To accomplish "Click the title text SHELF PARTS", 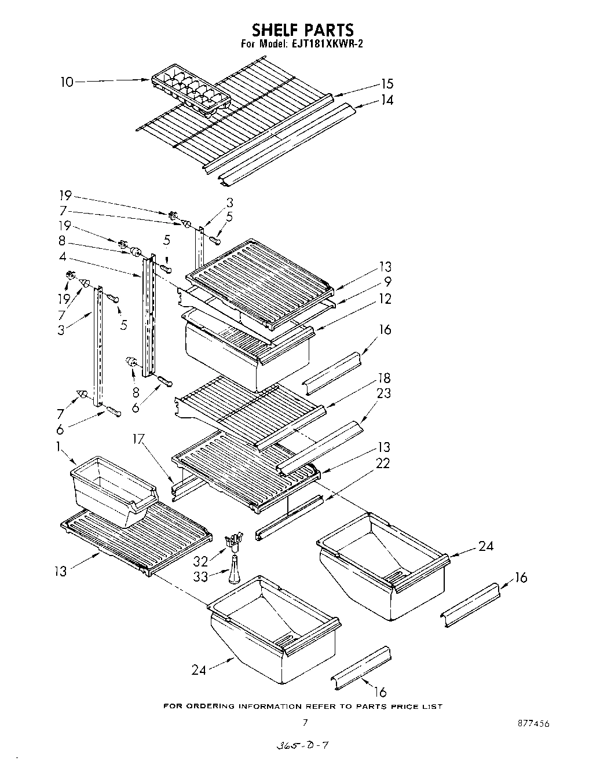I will [302, 29].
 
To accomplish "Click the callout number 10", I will [67, 82].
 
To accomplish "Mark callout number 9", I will [387, 282].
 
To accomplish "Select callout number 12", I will [385, 299].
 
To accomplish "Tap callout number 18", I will [385, 378].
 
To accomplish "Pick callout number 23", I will [383, 393].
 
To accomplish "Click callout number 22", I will [383, 464].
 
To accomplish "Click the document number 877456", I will [533, 724].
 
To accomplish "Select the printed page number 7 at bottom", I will [305, 722].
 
